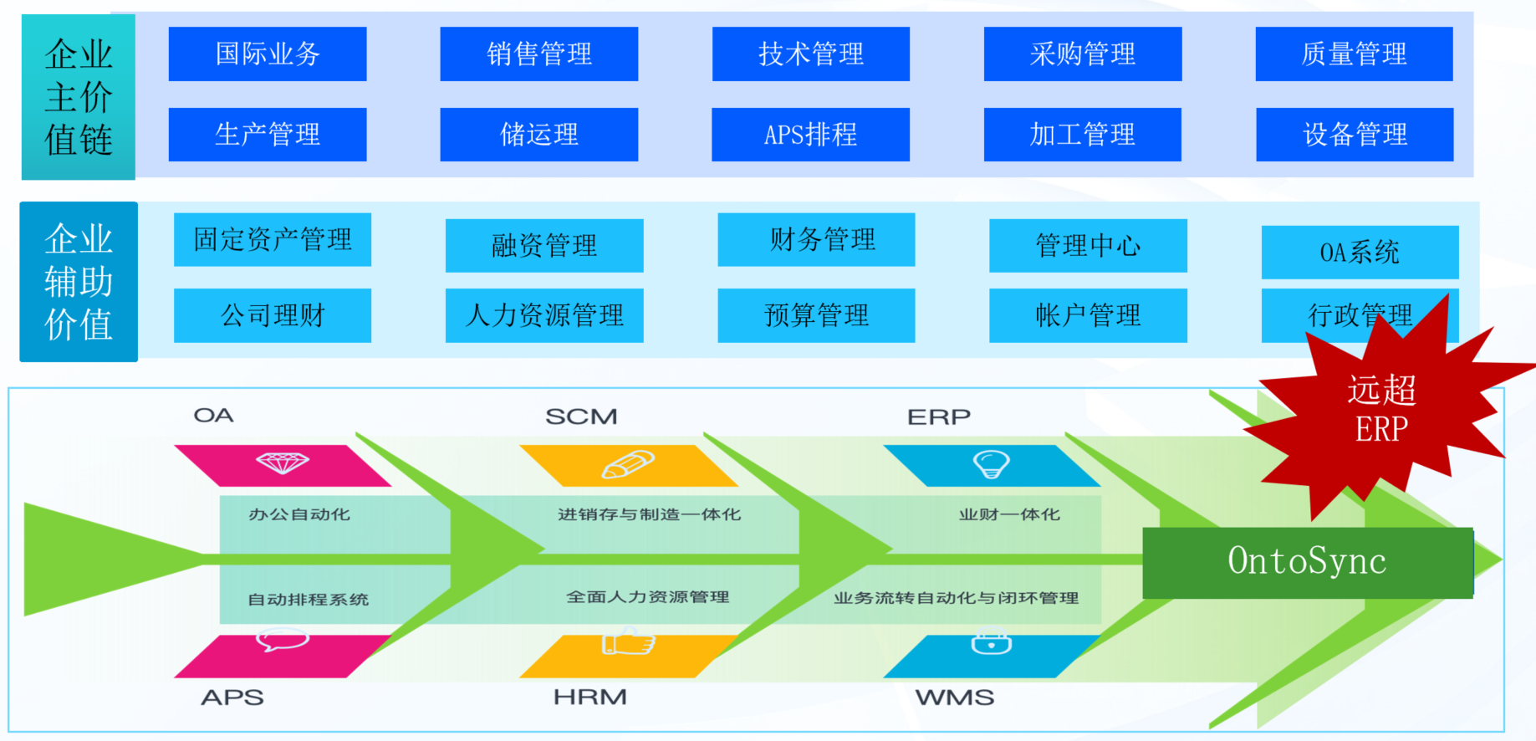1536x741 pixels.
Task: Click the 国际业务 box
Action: pos(268,54)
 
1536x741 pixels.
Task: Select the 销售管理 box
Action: pos(538,54)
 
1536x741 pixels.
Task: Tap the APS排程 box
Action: pos(810,135)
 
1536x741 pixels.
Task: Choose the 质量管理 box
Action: pos(1354,54)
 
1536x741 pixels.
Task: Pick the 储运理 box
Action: pos(538,135)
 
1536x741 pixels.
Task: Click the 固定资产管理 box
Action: pos(273,240)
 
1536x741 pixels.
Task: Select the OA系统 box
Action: pos(1360,252)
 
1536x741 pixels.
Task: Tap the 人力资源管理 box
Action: pos(544,315)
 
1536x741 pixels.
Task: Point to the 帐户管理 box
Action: pos(1088,315)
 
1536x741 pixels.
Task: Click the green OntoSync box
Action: pos(1307,562)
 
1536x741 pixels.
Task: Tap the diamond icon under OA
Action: pos(283,462)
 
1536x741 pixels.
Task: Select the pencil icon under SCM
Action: pos(628,464)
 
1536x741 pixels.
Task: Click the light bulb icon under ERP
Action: pos(992,463)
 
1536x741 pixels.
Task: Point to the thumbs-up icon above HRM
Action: pos(628,643)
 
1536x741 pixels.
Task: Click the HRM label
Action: pos(589,697)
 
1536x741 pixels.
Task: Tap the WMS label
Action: pos(954,697)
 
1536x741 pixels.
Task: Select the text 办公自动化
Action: pos(299,514)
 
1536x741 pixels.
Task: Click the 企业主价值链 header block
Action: pos(79,97)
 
